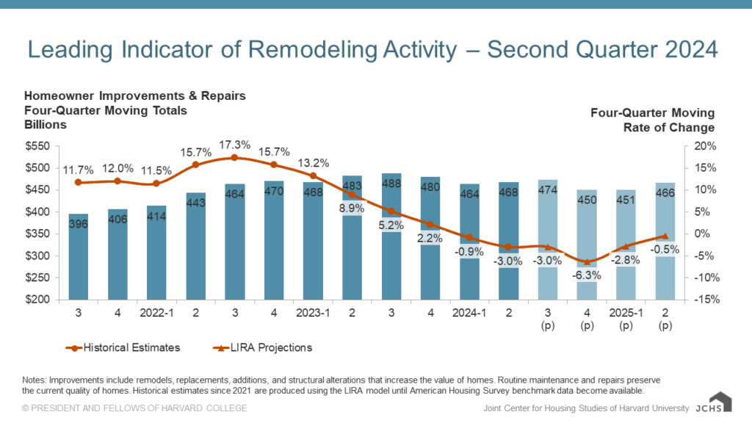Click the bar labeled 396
click(x=78, y=257)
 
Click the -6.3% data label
click(x=586, y=275)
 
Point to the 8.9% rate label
click(x=351, y=209)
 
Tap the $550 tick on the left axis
click(x=37, y=146)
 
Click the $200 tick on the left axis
click(x=37, y=300)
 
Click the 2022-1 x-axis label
click(x=156, y=311)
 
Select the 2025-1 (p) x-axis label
click(x=625, y=317)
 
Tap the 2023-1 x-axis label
click(x=313, y=311)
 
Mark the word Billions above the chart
click(x=45, y=125)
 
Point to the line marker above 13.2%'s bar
click(x=313, y=176)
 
